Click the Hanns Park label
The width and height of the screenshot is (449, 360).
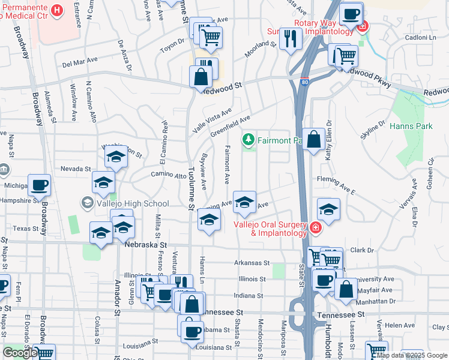[x=411, y=127]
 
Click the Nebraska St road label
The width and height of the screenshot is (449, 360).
[x=145, y=244]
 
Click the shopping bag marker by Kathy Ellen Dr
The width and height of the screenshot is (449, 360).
[x=313, y=140]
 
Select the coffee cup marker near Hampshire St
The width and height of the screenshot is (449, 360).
[x=39, y=185]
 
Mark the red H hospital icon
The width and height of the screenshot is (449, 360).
[x=56, y=10]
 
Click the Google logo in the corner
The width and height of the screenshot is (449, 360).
[x=20, y=352]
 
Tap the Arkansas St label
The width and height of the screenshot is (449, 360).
[x=252, y=263]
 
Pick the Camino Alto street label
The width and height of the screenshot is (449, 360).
[x=169, y=175]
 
